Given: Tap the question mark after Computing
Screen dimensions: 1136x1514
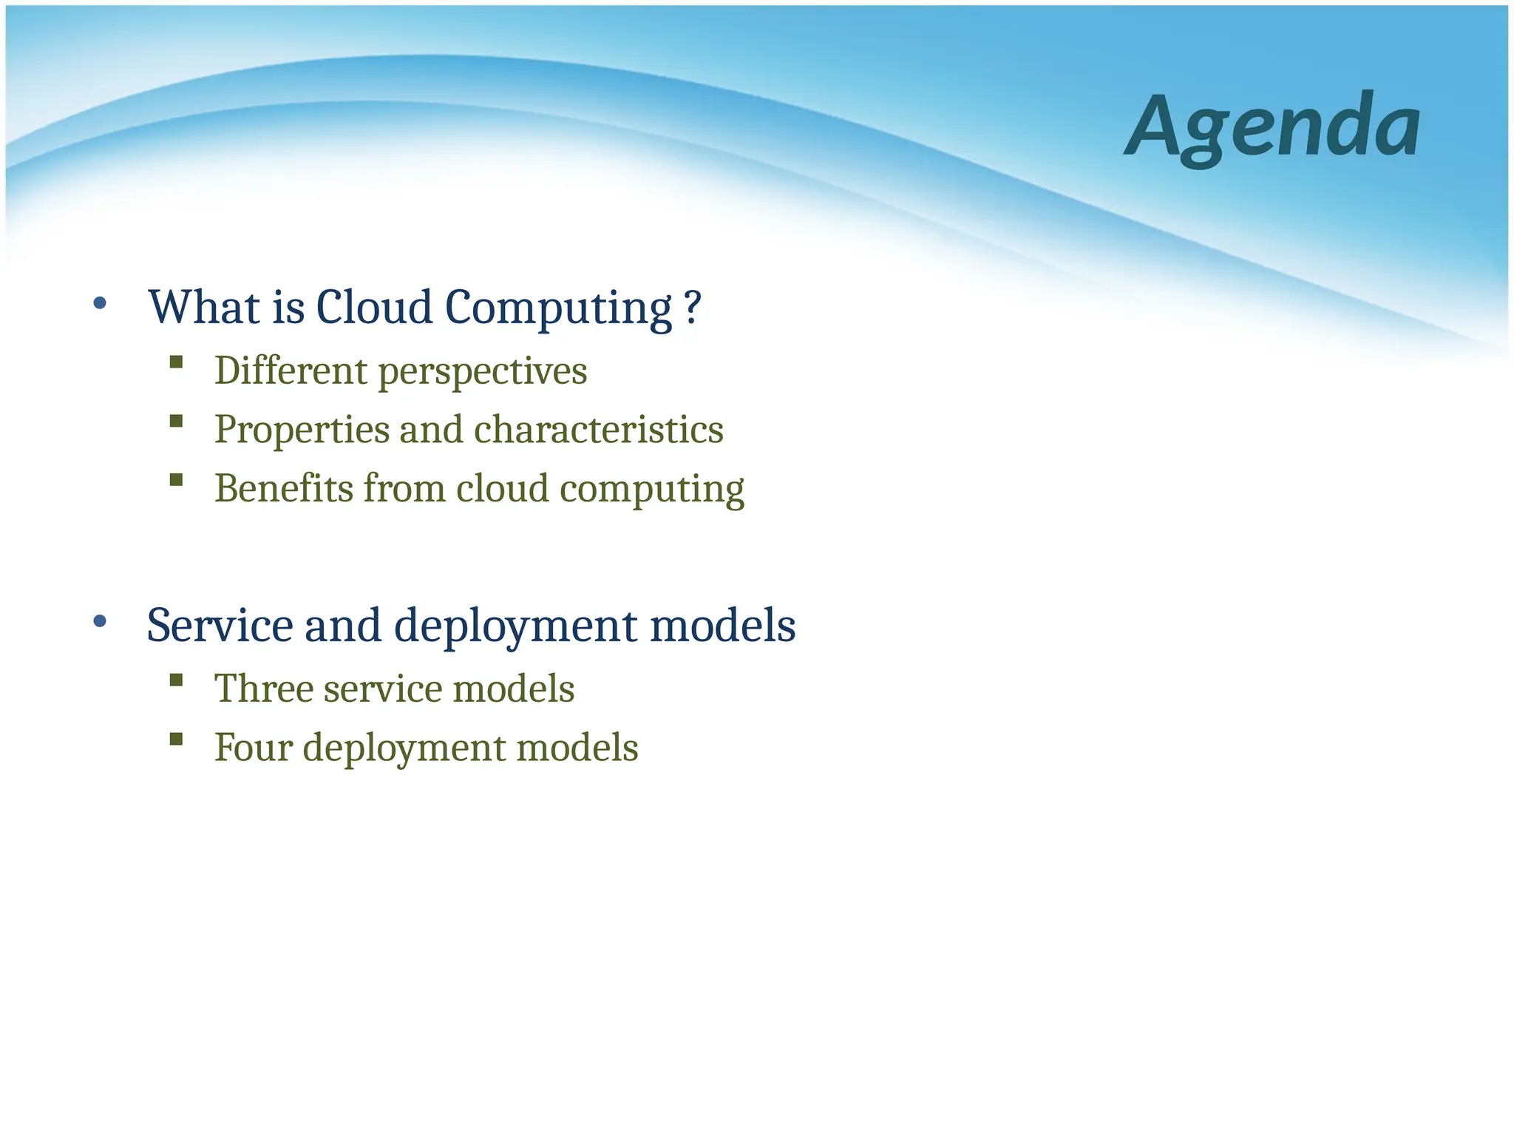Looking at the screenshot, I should [x=692, y=307].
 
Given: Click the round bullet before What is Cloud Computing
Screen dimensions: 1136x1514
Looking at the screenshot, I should [x=101, y=303].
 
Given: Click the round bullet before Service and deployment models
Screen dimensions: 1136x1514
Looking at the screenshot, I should [x=101, y=621].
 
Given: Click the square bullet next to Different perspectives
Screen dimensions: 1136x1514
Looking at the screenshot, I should [x=176, y=362].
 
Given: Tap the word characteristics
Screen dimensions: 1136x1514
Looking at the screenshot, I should [x=598, y=430].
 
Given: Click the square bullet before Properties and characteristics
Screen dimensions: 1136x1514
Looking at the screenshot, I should [x=176, y=421].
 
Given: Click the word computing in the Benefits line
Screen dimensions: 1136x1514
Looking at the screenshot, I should [x=651, y=490].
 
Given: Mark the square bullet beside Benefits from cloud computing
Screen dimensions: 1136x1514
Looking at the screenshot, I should [x=176, y=480].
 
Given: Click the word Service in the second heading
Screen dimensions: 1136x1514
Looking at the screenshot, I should [x=220, y=626].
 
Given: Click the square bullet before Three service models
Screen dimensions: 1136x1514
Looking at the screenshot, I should [x=176, y=680].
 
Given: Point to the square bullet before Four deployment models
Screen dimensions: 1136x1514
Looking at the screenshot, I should [x=176, y=739].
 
